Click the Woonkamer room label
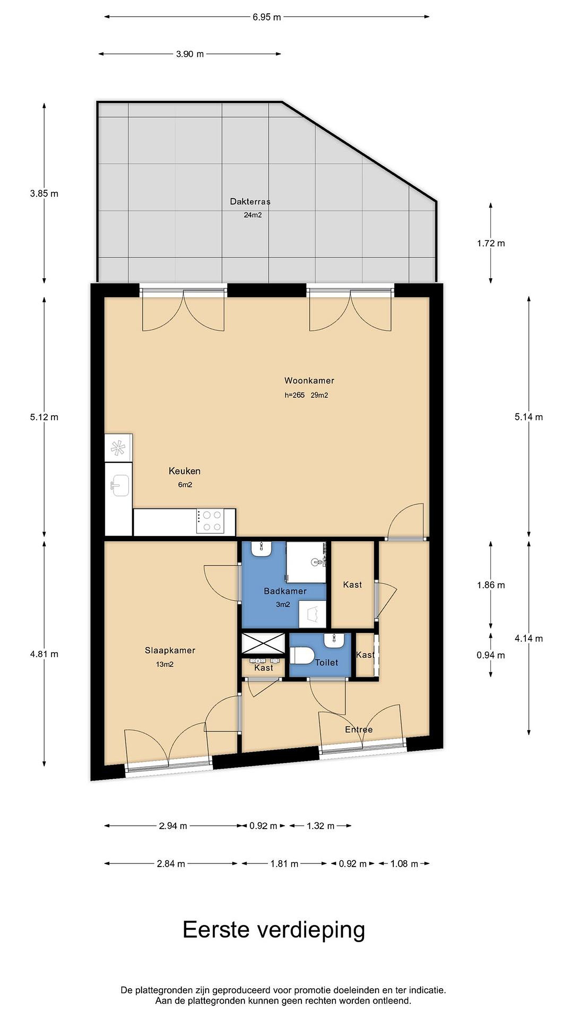click(x=309, y=381)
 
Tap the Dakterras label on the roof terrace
click(x=250, y=201)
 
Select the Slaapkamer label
click(x=170, y=650)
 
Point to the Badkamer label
click(x=285, y=591)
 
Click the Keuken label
click(x=185, y=471)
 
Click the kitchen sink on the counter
click(x=120, y=485)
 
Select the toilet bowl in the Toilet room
click(x=302, y=656)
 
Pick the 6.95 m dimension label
click(x=267, y=17)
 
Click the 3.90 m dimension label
click(x=190, y=54)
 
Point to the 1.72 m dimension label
click(x=491, y=243)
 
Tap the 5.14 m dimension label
click(x=529, y=416)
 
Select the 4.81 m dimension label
click(x=44, y=654)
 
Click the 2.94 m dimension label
click(x=173, y=825)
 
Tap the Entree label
click(x=359, y=730)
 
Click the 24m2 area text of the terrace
click(x=253, y=215)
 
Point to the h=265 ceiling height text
click(x=295, y=395)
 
